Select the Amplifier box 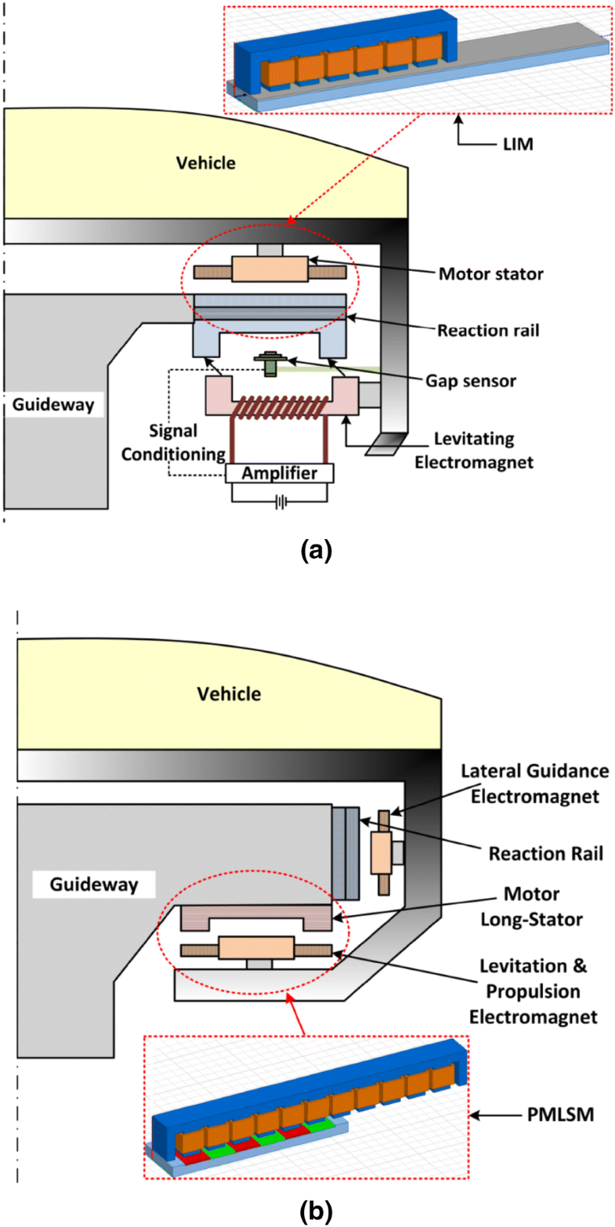280,473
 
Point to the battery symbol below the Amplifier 280,502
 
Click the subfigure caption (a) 317,551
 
